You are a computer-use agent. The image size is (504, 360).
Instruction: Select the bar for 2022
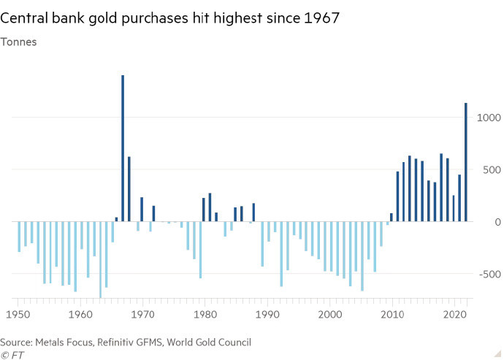[466, 162]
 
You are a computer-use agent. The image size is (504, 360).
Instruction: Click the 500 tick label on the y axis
[489, 169]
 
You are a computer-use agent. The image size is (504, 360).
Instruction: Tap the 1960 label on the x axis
[81, 313]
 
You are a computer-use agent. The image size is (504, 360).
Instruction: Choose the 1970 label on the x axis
[144, 313]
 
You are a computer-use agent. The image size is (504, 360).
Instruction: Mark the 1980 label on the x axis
[206, 313]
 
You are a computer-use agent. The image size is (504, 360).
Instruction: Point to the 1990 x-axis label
[269, 313]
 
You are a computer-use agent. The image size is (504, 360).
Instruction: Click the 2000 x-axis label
[331, 313]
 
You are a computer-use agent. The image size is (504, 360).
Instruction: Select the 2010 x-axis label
[393, 313]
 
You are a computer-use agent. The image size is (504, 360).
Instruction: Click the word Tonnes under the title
[23, 42]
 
